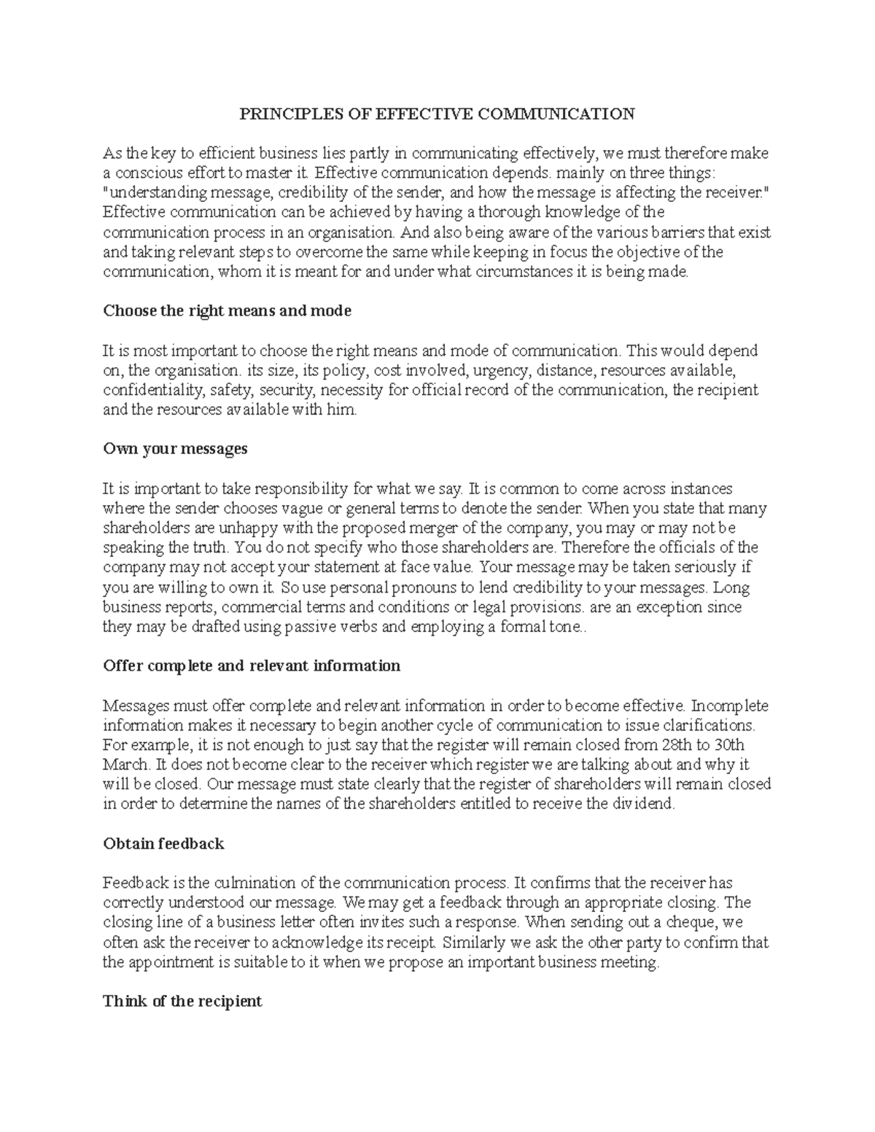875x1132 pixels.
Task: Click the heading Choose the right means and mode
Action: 227,311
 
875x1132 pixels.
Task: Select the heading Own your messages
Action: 175,449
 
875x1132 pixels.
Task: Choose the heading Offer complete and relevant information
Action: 252,665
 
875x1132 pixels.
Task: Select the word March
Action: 125,765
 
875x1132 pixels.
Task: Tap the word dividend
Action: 645,804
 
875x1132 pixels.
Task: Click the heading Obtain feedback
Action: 163,844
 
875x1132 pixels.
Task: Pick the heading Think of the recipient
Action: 182,1001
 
